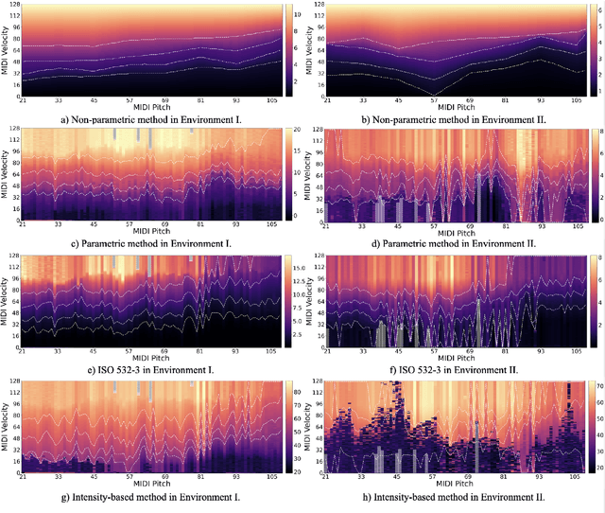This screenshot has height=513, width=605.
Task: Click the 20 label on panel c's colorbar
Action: click(x=295, y=129)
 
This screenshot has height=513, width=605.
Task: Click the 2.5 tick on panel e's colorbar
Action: click(x=297, y=334)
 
